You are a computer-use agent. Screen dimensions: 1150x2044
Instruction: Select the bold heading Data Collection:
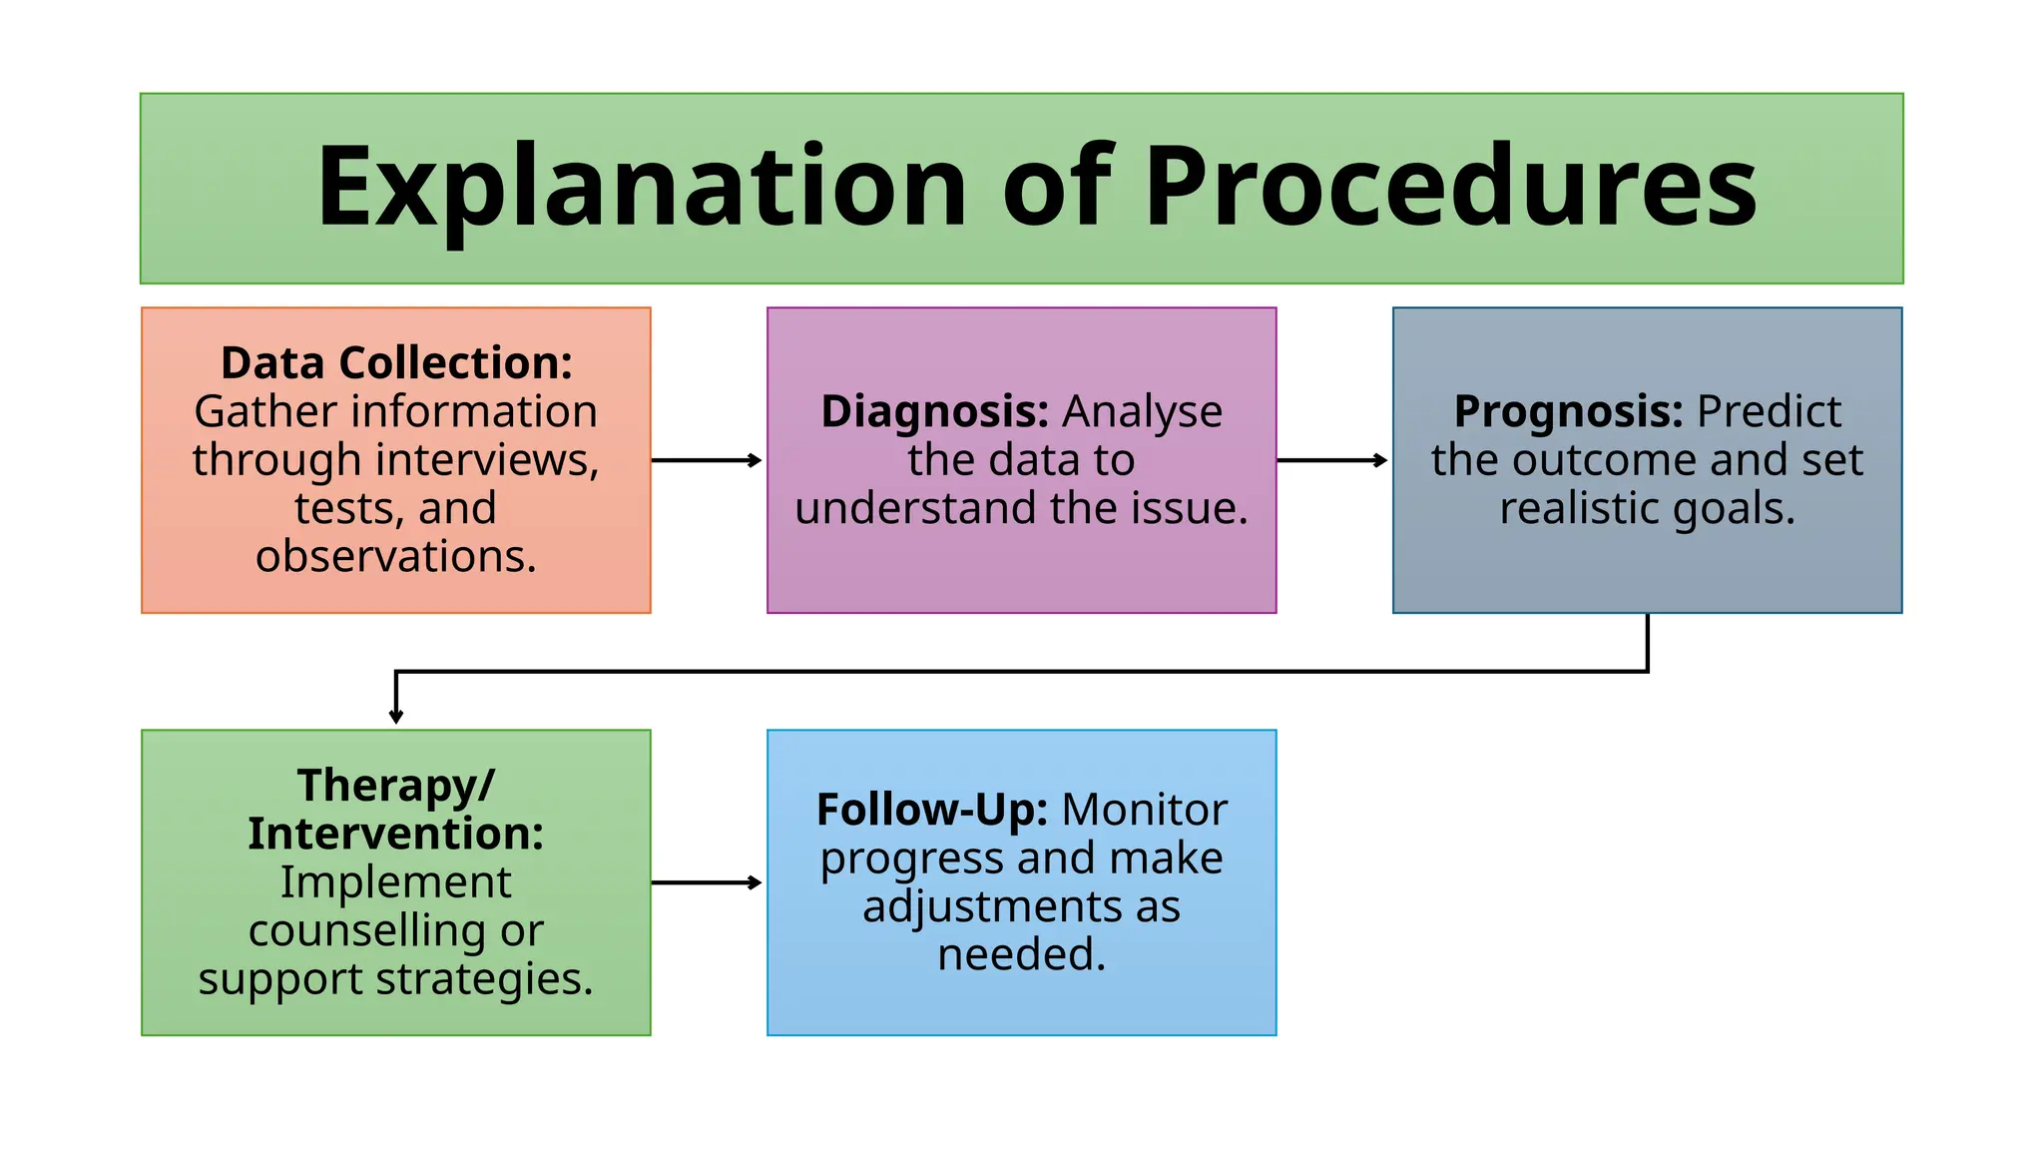click(396, 363)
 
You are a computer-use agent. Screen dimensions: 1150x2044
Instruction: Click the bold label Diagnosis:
click(934, 411)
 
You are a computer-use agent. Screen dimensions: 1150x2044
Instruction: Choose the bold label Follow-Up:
click(931, 810)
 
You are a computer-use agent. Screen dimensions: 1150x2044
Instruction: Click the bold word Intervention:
click(396, 834)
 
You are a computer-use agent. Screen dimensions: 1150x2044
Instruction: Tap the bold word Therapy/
click(396, 786)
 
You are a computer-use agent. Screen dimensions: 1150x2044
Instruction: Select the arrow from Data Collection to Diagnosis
click(707, 460)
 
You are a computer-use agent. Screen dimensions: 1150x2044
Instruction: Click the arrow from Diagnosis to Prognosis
click(1332, 460)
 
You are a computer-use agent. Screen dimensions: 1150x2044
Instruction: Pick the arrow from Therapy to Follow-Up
click(707, 882)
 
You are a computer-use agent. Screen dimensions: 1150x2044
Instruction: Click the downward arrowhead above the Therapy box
click(396, 715)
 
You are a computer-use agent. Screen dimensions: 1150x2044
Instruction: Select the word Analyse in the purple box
click(1142, 411)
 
